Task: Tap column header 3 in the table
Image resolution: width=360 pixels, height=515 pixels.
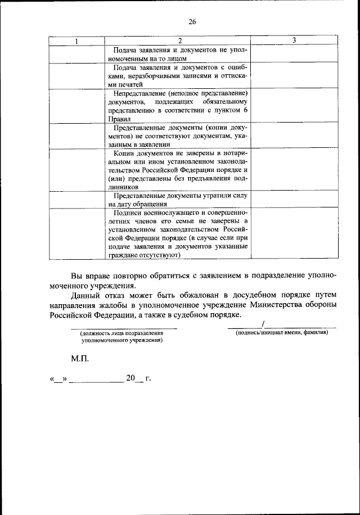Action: (294, 40)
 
